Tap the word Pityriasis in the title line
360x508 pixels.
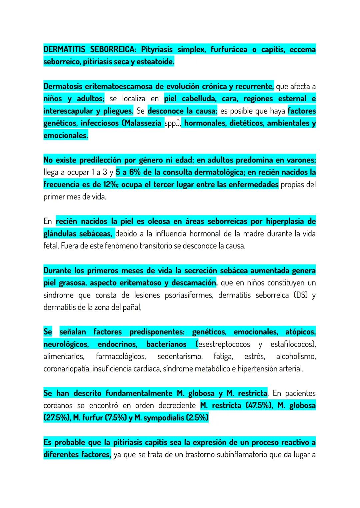pos(157,50)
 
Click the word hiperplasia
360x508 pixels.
pos(285,222)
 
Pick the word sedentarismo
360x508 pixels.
pos(180,356)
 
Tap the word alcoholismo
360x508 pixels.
pos(296,356)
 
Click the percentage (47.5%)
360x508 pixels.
pos(259,405)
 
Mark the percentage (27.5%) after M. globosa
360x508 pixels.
pos(56,418)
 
